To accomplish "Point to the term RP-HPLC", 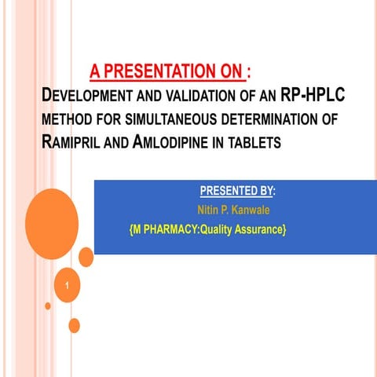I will (x=313, y=97).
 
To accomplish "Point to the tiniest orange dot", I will (x=48, y=306).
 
